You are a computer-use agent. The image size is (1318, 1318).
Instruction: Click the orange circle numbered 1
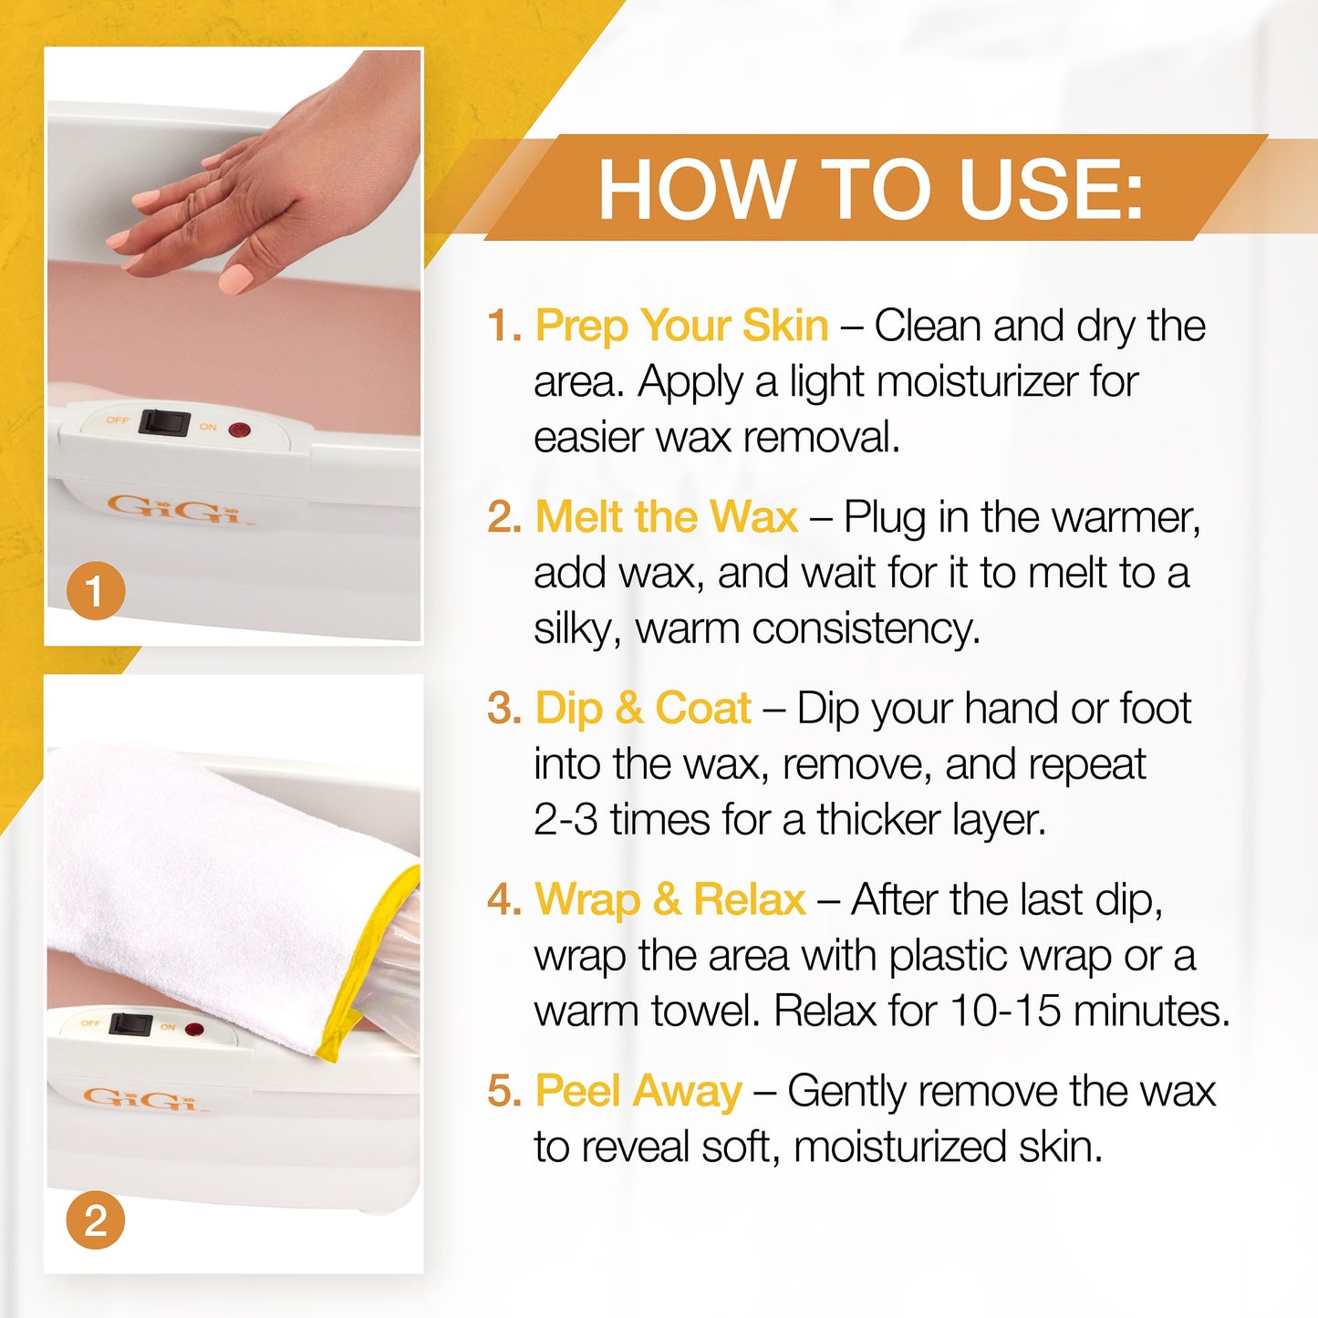click(96, 591)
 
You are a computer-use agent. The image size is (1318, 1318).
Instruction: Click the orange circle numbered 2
click(96, 1220)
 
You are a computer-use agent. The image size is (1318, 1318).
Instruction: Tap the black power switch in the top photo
click(164, 422)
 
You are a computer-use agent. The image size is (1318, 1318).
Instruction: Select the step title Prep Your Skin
click(681, 325)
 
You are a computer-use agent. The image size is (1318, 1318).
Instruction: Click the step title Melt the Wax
click(666, 516)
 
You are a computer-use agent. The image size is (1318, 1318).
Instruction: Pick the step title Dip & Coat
click(643, 708)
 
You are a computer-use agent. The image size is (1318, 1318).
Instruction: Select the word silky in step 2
click(569, 628)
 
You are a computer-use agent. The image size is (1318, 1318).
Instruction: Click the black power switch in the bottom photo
click(131, 1024)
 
